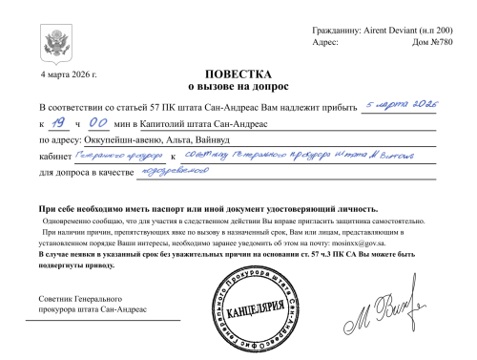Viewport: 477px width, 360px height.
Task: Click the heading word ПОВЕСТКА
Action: coord(238,74)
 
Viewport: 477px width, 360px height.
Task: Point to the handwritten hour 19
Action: coord(58,122)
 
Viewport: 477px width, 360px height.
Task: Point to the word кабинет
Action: coord(53,157)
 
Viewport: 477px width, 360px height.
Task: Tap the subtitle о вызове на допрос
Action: coord(238,87)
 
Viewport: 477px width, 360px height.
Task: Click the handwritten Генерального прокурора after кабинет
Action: coord(118,155)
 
